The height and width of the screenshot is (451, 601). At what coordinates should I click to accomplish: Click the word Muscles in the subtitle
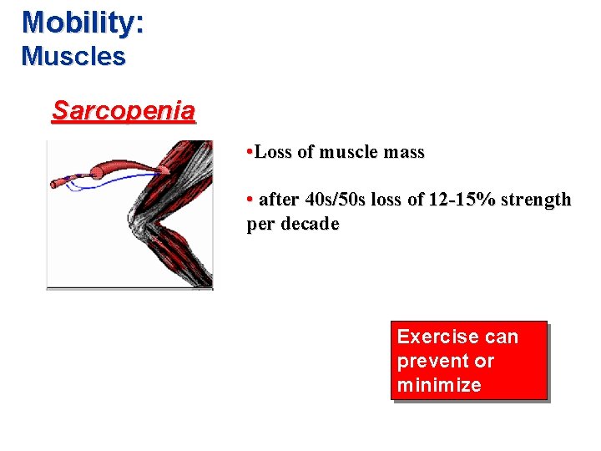(x=73, y=57)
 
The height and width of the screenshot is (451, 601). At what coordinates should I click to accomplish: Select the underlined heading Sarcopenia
(x=124, y=110)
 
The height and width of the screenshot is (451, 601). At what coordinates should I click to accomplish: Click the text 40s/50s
(x=321, y=200)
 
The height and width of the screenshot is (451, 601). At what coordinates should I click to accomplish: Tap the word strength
(x=538, y=200)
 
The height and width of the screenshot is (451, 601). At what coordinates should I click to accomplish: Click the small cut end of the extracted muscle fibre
(x=56, y=181)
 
